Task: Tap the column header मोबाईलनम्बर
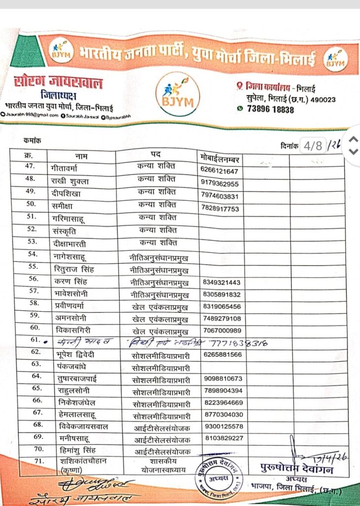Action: (x=220, y=158)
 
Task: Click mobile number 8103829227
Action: (x=222, y=438)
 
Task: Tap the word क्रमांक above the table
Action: (x=33, y=141)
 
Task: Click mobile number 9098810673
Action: (x=222, y=379)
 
